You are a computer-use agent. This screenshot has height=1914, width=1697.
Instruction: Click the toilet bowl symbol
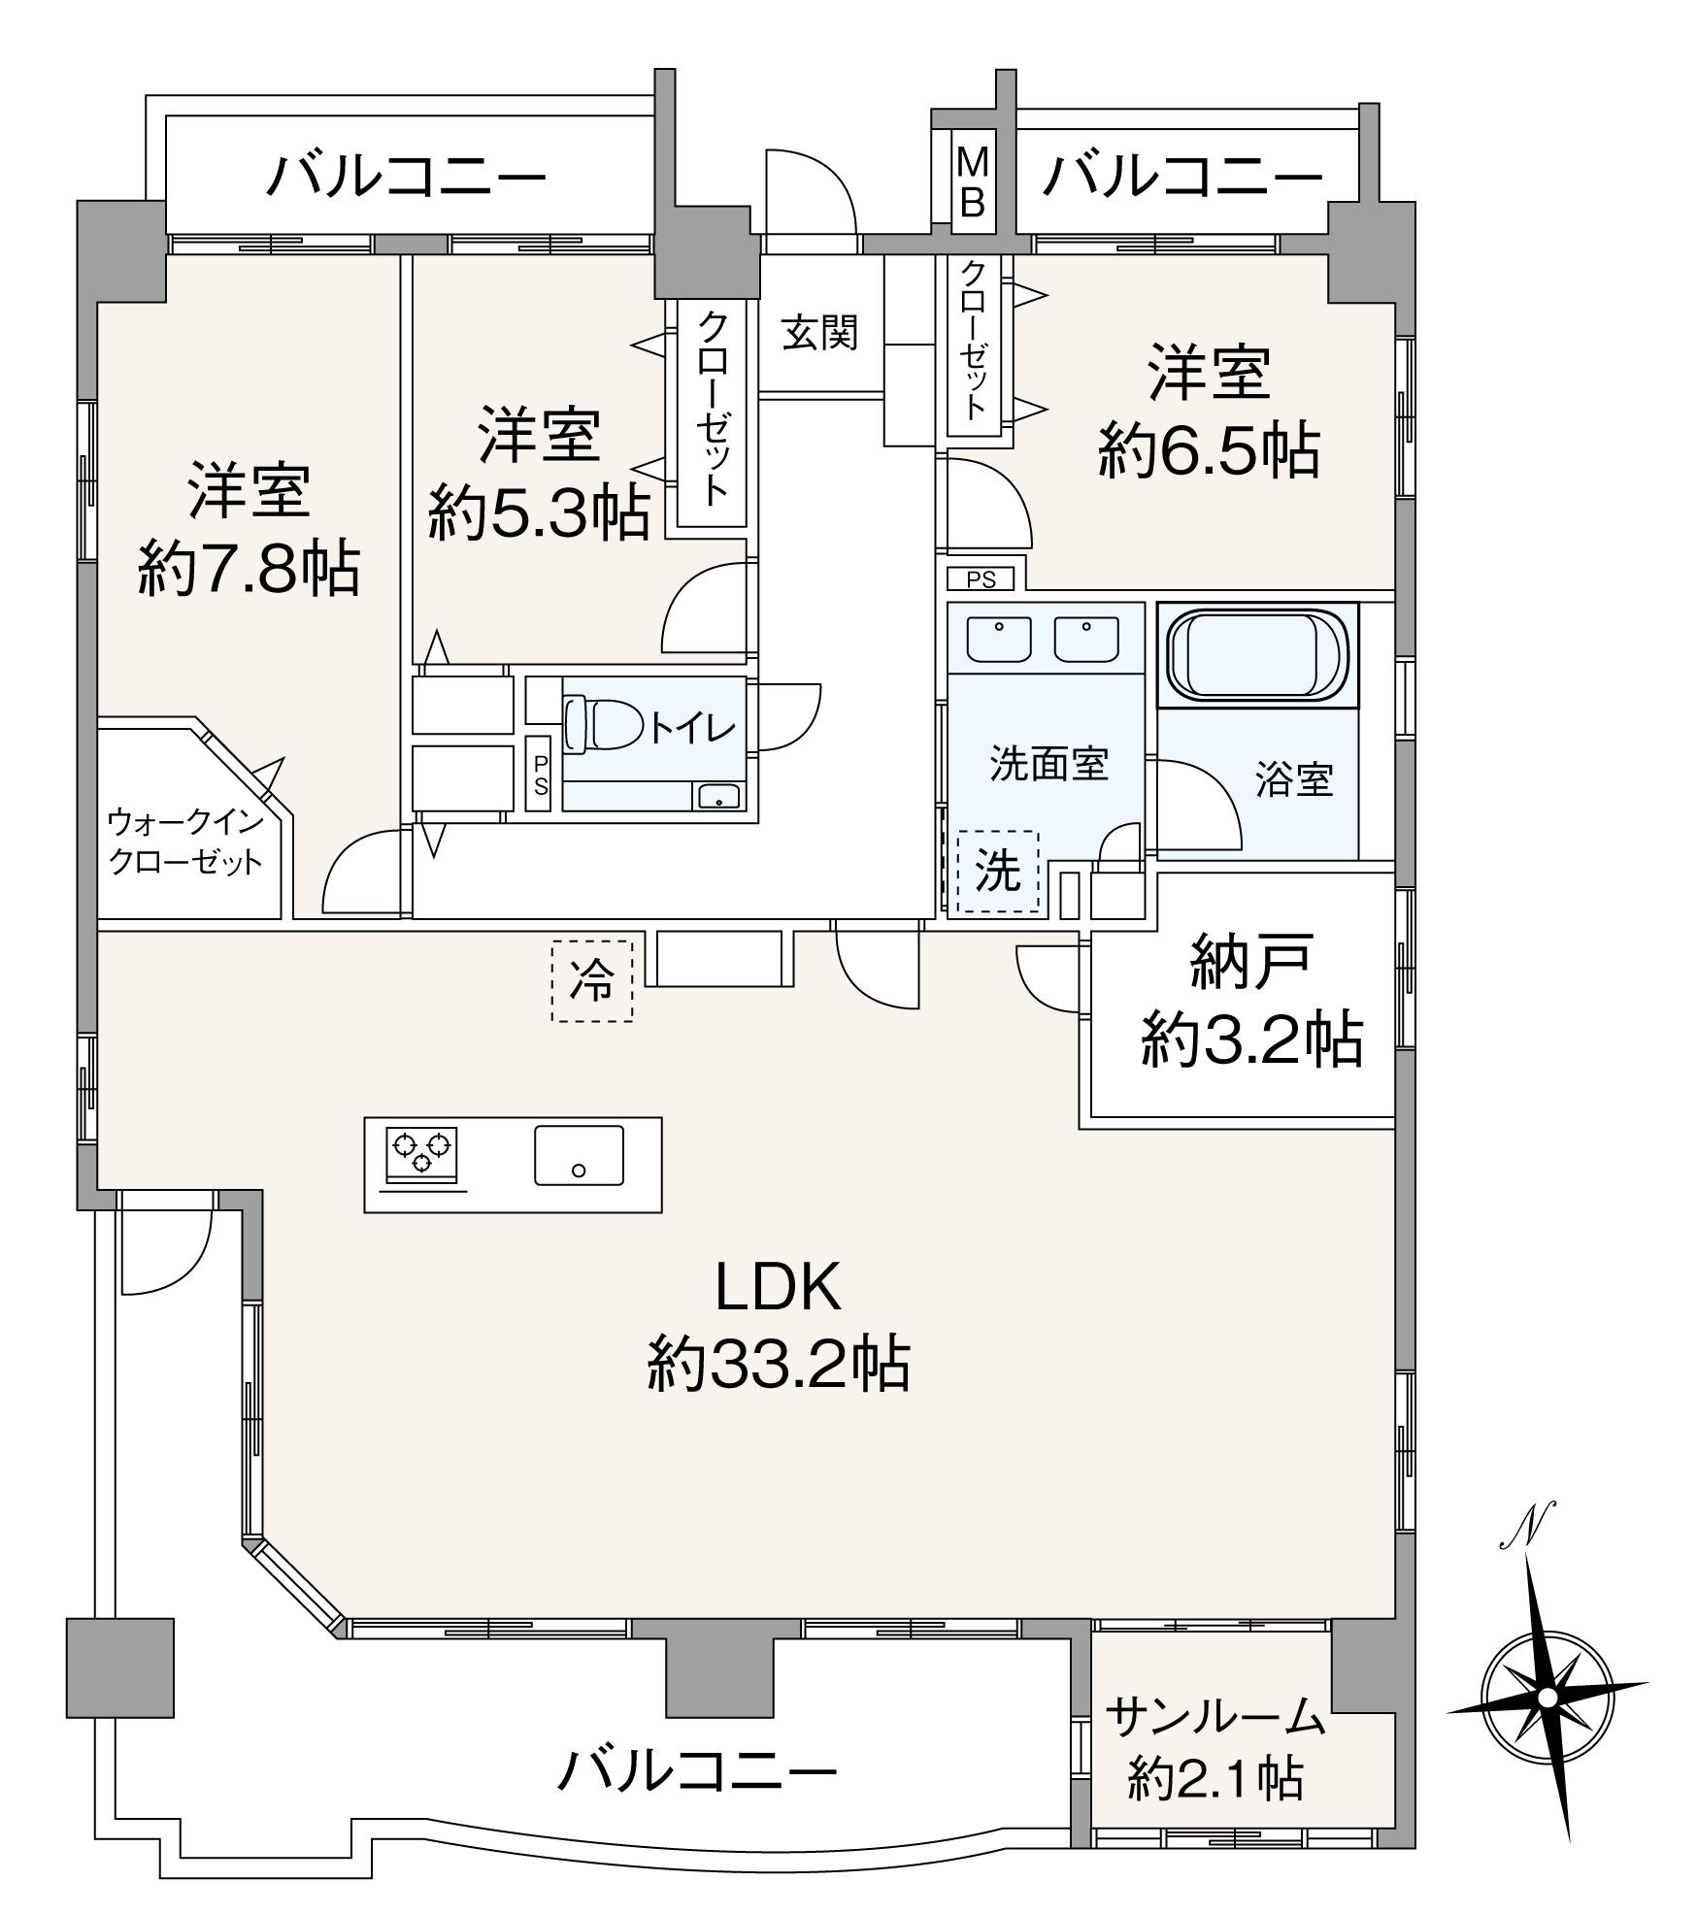[x=599, y=724]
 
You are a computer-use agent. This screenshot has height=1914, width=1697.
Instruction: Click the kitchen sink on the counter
[x=579, y=1155]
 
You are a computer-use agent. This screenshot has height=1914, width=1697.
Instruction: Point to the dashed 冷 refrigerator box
[x=592, y=980]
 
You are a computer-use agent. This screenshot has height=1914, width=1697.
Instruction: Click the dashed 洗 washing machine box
[x=997, y=871]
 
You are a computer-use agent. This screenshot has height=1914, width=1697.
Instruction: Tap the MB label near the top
[x=973, y=181]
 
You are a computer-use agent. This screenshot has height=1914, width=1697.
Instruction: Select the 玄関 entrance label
[x=820, y=335]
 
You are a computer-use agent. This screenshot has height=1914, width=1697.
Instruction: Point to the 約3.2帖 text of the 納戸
[x=1250, y=1039]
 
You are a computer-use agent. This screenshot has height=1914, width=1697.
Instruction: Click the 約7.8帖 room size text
[x=249, y=568]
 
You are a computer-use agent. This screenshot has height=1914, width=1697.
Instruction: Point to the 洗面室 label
[x=1049, y=765]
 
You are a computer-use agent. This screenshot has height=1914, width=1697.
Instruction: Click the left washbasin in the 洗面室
[x=1000, y=638]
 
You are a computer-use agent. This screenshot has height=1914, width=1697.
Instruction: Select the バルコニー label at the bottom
[x=696, y=1772]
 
